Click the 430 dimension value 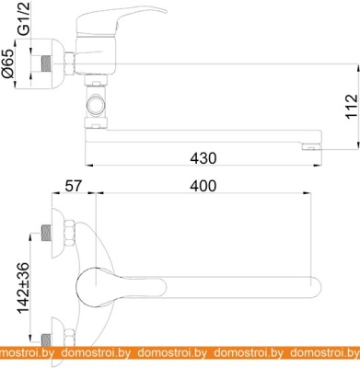click(x=203, y=158)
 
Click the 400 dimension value click(x=203, y=186)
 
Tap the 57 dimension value click(x=74, y=186)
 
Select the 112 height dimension click(x=352, y=107)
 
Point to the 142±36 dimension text click(x=24, y=288)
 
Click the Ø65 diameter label click(x=8, y=63)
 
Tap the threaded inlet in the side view click(x=46, y=64)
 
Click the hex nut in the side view click(x=70, y=63)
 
